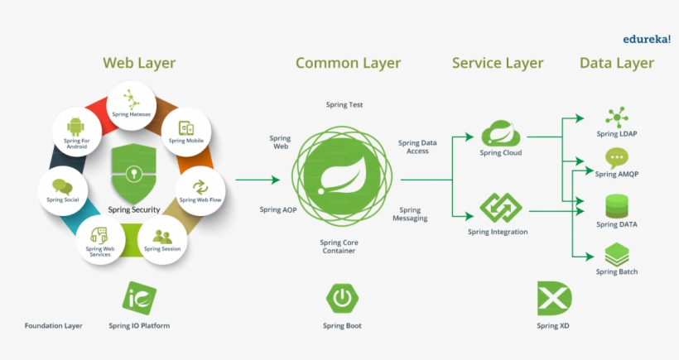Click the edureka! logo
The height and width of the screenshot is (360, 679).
pyautogui.click(x=647, y=38)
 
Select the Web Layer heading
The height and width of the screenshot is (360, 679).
pyautogui.click(x=139, y=63)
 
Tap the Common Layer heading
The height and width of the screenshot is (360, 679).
pyautogui.click(x=348, y=63)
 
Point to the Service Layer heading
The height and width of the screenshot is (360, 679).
pyautogui.click(x=498, y=63)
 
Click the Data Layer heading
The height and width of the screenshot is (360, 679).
pyautogui.click(x=617, y=63)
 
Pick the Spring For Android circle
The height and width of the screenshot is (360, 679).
pyautogui.click(x=76, y=132)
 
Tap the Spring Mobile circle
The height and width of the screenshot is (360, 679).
pyautogui.click(x=186, y=132)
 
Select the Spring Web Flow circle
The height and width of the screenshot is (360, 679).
pyautogui.click(x=200, y=190)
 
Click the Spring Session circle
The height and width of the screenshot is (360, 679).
pyautogui.click(x=162, y=239)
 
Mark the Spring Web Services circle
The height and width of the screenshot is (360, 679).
pyautogui.click(x=100, y=239)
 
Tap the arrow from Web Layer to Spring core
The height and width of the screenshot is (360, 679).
pyautogui.click(x=258, y=180)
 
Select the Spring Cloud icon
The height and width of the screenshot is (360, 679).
pyautogui.click(x=500, y=133)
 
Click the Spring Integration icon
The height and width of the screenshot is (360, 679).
pyautogui.click(x=500, y=208)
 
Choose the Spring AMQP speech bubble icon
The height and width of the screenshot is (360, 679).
pyautogui.click(x=617, y=157)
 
